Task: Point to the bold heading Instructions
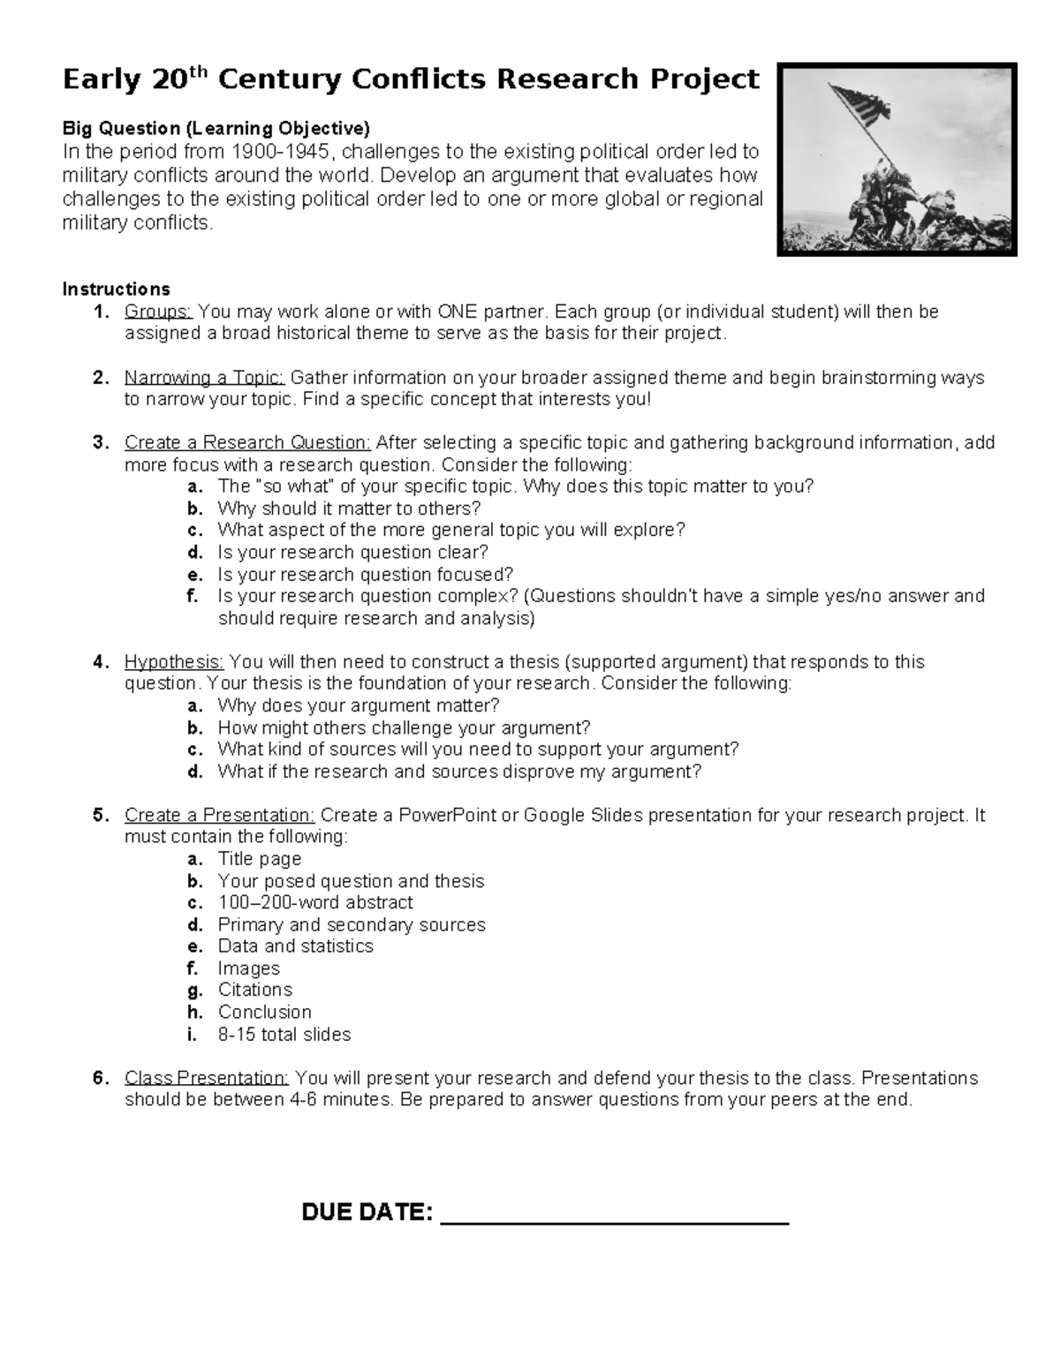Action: coord(116,289)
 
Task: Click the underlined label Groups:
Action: coord(158,312)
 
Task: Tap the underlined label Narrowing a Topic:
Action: coord(204,378)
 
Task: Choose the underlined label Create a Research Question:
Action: coord(247,442)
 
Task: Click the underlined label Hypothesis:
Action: coord(174,662)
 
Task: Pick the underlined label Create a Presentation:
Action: coord(219,815)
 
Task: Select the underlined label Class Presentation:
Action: coord(207,1078)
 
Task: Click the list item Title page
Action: coord(260,859)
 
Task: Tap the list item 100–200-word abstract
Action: coord(315,902)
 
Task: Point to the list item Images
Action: coord(249,968)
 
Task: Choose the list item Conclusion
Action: coord(265,1012)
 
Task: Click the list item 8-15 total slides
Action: coord(284,1034)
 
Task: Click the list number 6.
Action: coord(100,1078)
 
